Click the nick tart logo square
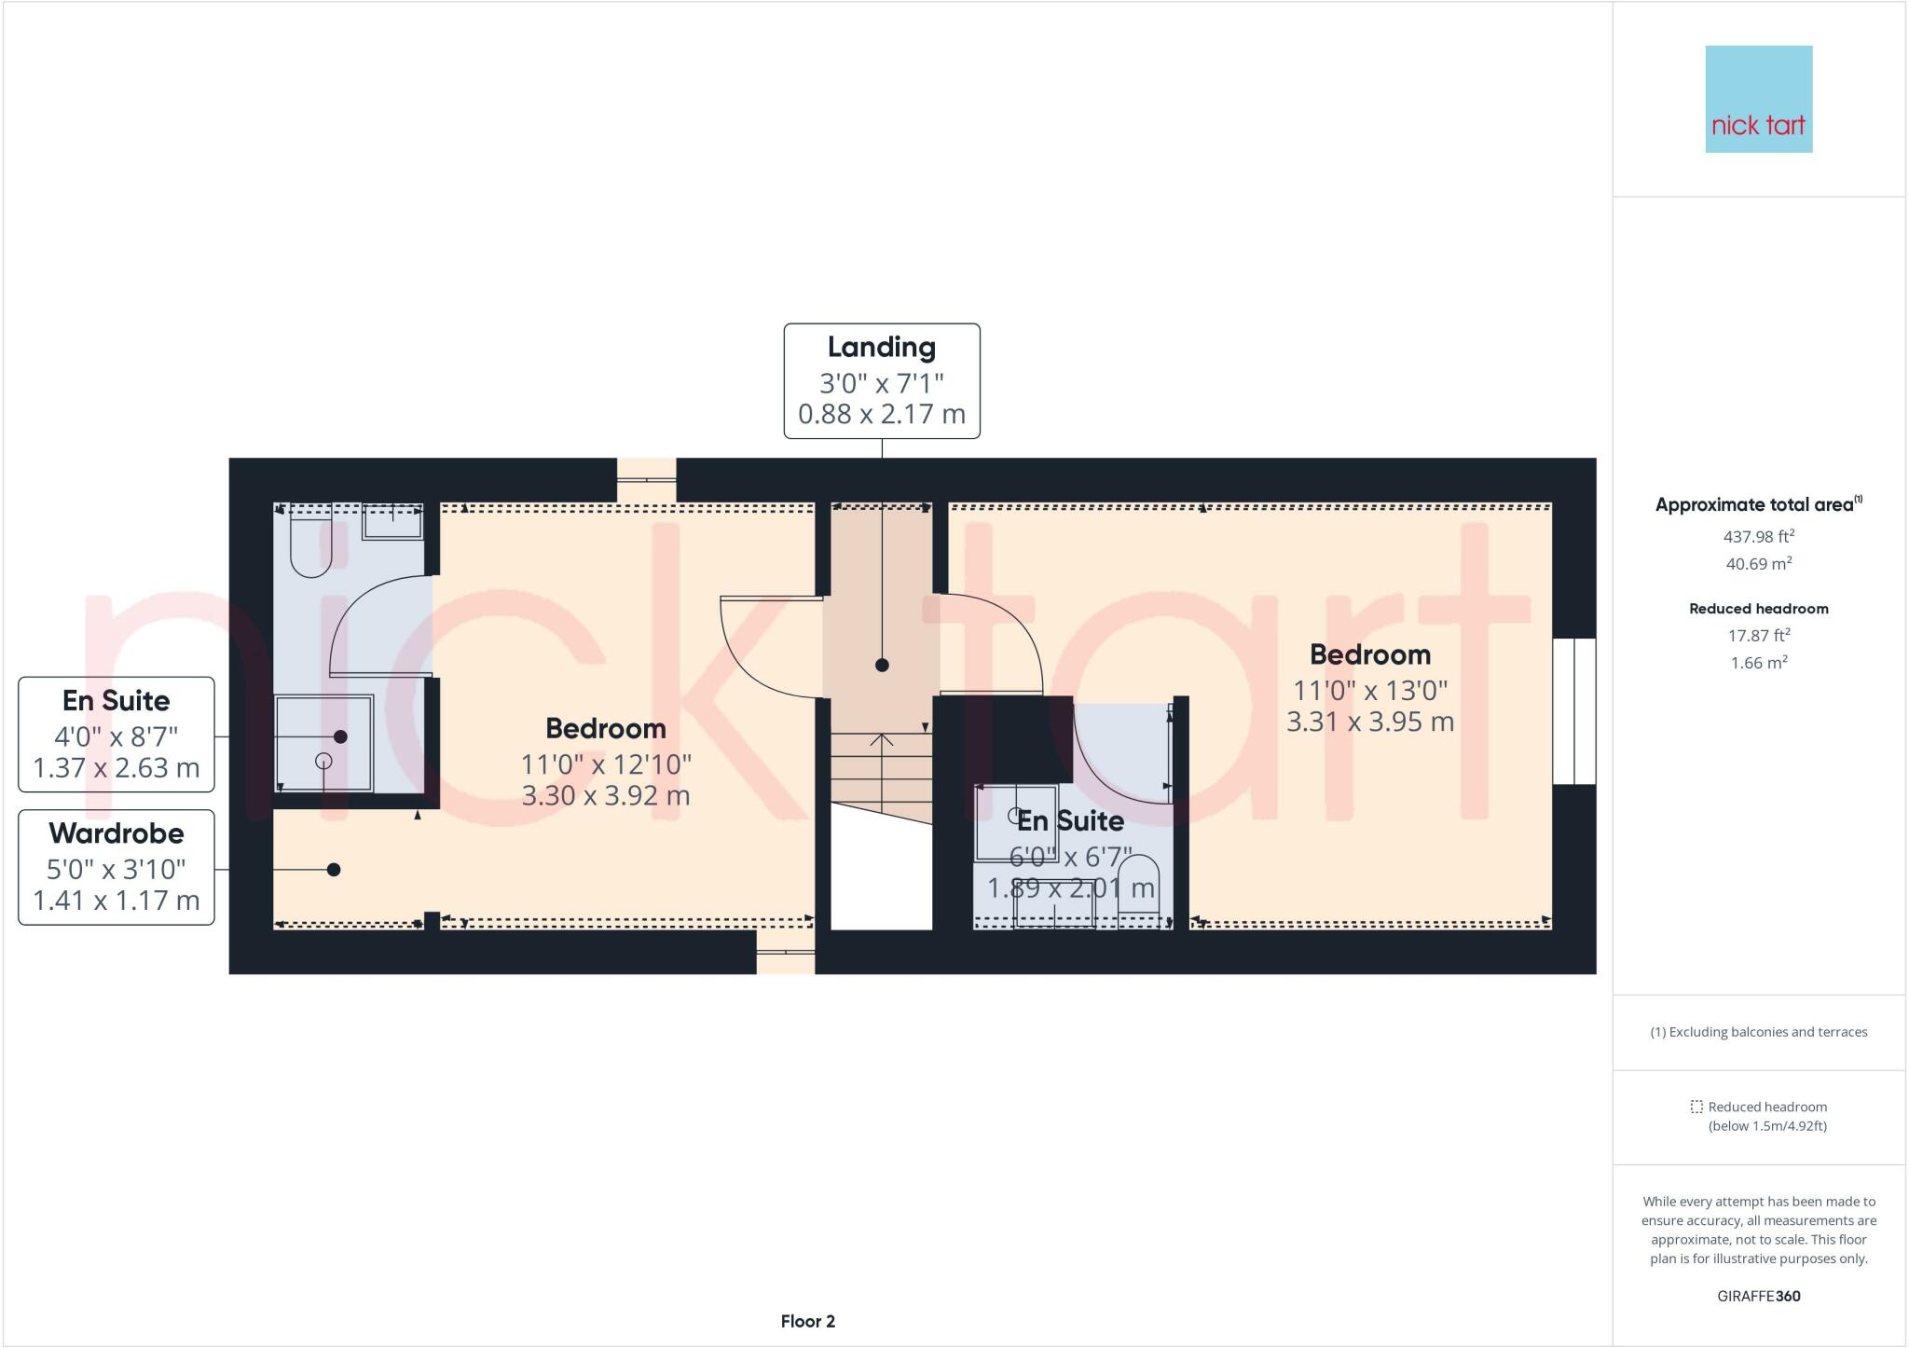click(1758, 99)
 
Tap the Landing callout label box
click(881, 380)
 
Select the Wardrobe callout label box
click(117, 867)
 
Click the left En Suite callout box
click(117, 735)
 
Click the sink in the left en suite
click(392, 521)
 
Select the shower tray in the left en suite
click(323, 743)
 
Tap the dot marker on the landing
click(882, 666)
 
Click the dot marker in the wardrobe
click(334, 870)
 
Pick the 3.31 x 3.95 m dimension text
click(1369, 722)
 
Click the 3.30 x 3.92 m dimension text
click(606, 795)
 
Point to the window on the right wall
click(1573, 711)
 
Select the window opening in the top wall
click(646, 479)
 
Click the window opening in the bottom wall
click(785, 952)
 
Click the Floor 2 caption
click(807, 1321)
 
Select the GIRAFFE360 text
click(1758, 1296)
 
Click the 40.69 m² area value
click(1758, 564)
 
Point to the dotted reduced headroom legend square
click(1696, 1107)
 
